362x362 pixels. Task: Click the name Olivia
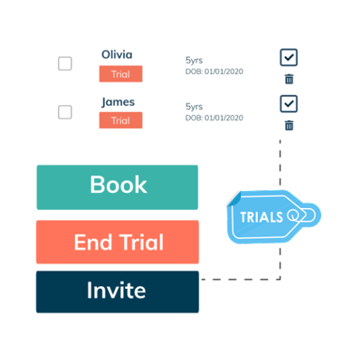coord(117,54)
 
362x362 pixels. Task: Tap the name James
coord(118,102)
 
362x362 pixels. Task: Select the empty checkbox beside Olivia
coord(65,63)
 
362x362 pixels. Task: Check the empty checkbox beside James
coord(65,112)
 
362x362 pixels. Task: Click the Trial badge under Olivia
coord(120,74)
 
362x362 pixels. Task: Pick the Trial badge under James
coord(120,120)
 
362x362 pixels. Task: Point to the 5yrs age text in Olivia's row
coord(194,61)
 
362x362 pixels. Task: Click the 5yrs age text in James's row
coord(194,107)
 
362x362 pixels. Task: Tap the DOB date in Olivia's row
coord(214,71)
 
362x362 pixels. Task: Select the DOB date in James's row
coord(214,118)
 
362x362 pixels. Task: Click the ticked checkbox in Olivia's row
coord(289,57)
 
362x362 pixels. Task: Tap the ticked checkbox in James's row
coord(289,104)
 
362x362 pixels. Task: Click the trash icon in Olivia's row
coord(289,79)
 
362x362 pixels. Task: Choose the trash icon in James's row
coord(289,125)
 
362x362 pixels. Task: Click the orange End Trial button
coord(118,242)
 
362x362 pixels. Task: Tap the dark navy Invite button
coord(118,291)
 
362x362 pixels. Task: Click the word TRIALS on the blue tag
coord(262,217)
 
